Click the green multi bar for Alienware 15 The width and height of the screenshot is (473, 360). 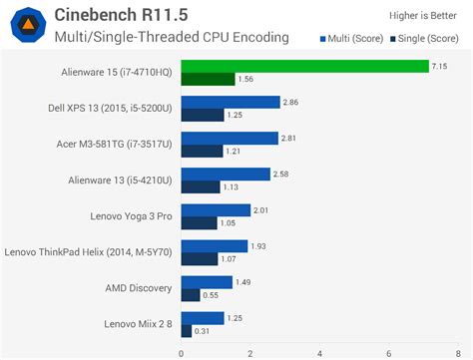[304, 66]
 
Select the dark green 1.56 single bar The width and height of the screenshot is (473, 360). [208, 79]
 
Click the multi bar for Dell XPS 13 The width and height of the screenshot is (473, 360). [230, 102]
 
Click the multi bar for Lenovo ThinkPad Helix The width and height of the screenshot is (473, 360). [214, 245]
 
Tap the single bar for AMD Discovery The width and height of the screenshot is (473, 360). [190, 294]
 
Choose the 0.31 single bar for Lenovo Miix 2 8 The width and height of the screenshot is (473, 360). [186, 330]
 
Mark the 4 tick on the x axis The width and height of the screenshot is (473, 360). [319, 352]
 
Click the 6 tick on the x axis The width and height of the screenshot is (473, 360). [388, 352]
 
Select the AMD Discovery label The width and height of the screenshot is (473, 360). [138, 287]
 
